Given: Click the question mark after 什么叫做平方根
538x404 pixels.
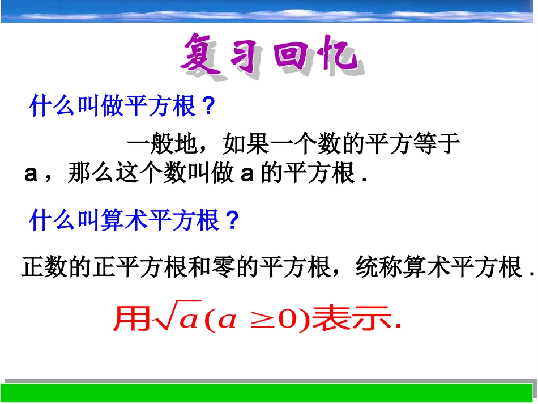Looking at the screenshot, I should pyautogui.click(x=208, y=107).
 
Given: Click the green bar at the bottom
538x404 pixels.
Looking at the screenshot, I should pyautogui.click(x=269, y=393).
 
